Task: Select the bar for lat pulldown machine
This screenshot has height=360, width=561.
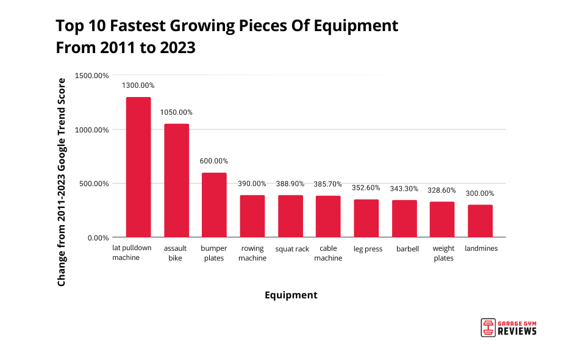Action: pyautogui.click(x=138, y=167)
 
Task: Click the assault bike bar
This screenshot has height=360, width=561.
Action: pyautogui.click(x=176, y=180)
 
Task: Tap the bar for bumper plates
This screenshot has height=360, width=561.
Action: pyautogui.click(x=214, y=204)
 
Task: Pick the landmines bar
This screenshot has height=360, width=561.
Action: pyautogui.click(x=480, y=220)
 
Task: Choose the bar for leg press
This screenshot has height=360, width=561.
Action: pyautogui.click(x=366, y=218)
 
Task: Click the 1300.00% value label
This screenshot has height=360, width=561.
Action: pyautogui.click(x=138, y=85)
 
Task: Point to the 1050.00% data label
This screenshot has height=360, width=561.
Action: pyautogui.click(x=176, y=112)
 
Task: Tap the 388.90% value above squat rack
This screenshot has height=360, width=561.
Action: pyautogui.click(x=290, y=184)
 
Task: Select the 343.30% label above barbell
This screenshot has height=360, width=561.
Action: pyautogui.click(x=404, y=189)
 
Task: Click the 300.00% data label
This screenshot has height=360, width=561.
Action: pyautogui.click(x=480, y=193)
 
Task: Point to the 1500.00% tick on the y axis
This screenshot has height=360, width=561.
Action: pyautogui.click(x=92, y=76)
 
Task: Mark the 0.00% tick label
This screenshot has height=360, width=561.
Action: pyautogui.click(x=98, y=237)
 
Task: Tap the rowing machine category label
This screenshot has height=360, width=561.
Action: pyautogui.click(x=252, y=253)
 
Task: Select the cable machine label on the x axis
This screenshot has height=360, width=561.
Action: pyautogui.click(x=329, y=253)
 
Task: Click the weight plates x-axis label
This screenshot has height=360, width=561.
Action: pyautogui.click(x=443, y=253)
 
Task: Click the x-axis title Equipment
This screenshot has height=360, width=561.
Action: pyautogui.click(x=291, y=295)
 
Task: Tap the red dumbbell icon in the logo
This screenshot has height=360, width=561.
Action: pyautogui.click(x=487, y=327)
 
